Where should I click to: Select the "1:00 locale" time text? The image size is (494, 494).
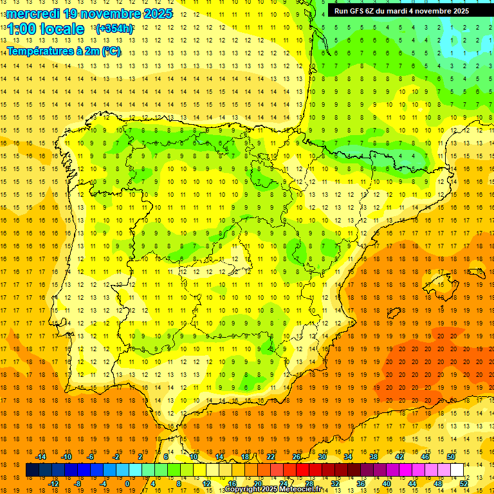46,29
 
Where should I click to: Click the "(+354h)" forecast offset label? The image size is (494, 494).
114,29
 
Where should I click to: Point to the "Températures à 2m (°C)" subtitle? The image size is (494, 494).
64,51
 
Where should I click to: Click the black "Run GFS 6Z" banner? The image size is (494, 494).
402,11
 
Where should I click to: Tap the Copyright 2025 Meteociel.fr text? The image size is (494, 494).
273,489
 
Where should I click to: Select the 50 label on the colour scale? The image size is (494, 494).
451,457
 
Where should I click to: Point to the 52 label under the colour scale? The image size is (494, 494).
464,483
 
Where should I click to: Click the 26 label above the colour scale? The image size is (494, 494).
297,457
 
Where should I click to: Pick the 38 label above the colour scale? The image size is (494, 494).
374,457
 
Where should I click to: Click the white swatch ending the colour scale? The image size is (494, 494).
457,470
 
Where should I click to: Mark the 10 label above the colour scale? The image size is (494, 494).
194,457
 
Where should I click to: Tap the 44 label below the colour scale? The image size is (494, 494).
412,483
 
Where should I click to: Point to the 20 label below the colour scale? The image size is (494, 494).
258,483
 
